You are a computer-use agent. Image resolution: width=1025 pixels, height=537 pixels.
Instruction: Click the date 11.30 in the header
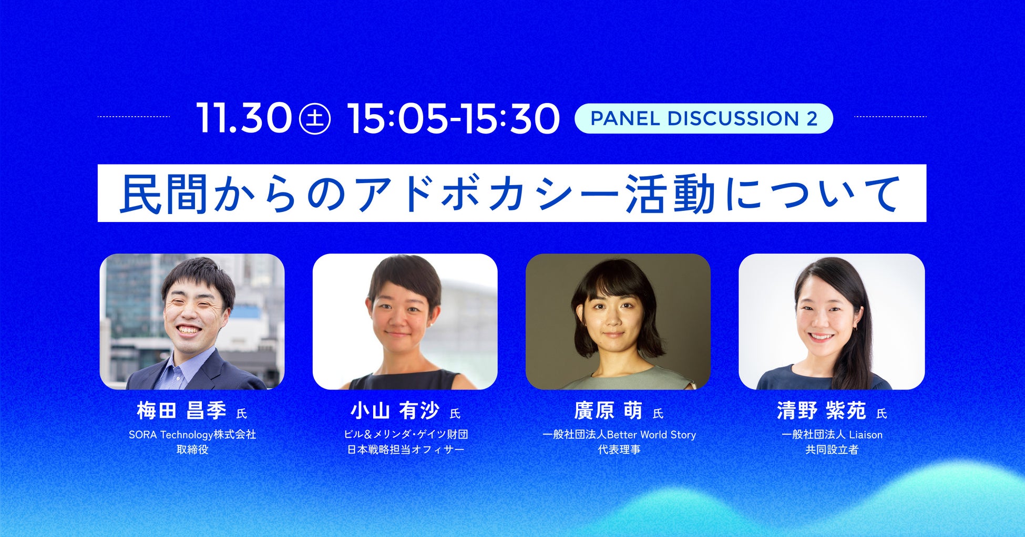[244, 118]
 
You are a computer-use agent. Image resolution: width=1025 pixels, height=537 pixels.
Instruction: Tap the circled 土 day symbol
[314, 119]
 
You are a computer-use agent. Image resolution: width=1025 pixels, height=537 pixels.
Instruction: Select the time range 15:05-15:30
[453, 118]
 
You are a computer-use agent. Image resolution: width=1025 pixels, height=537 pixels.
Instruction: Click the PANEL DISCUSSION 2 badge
[704, 118]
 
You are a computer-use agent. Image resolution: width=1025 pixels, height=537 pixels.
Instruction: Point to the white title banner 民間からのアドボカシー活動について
[512, 193]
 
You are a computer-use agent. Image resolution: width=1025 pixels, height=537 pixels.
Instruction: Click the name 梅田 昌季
[181, 410]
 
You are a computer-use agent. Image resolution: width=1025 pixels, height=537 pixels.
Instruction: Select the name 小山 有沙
[395, 410]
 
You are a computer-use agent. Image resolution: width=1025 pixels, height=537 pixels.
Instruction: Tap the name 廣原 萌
[608, 410]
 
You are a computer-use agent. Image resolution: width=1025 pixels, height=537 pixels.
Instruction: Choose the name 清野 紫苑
[821, 410]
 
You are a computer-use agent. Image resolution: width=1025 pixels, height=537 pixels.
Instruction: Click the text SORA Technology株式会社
[192, 434]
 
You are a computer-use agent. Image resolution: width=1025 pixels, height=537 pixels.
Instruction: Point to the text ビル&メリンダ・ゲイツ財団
[406, 434]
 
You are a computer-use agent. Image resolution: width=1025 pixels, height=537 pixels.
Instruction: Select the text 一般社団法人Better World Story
[619, 434]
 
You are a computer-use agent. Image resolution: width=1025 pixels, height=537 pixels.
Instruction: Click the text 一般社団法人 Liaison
[832, 434]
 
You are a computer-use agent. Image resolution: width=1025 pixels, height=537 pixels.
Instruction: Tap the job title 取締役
[192, 450]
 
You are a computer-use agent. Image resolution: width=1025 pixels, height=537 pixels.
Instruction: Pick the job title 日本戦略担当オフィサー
[406, 450]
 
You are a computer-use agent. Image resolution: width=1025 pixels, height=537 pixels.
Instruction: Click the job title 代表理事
[619, 450]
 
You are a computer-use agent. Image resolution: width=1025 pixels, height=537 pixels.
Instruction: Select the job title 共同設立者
[832, 450]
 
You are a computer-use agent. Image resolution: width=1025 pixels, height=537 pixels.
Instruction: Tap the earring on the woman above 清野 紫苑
[855, 328]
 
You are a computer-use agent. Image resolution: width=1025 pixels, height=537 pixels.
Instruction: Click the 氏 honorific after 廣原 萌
[658, 414]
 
